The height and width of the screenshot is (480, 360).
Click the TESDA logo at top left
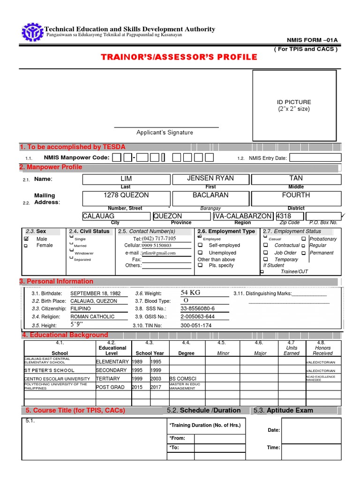pos(32,32)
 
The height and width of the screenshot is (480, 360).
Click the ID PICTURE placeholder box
pos(294,105)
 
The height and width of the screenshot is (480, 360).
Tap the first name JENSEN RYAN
pos(210,179)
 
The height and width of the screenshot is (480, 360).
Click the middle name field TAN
pos(296,179)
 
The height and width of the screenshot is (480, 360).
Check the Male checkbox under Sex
pos(26,239)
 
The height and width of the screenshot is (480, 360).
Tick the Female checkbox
pos(26,246)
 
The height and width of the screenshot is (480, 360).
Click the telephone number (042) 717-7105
pos(158,239)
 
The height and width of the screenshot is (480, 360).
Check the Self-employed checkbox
pos(200,245)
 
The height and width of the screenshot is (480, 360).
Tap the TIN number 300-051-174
pos(196,325)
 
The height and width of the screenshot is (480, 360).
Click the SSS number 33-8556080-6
pos(197,309)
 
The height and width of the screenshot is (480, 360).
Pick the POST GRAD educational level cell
pos(110,387)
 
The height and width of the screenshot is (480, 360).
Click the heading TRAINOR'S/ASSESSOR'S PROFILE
pos(179,57)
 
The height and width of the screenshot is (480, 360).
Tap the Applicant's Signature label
pos(165,133)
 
